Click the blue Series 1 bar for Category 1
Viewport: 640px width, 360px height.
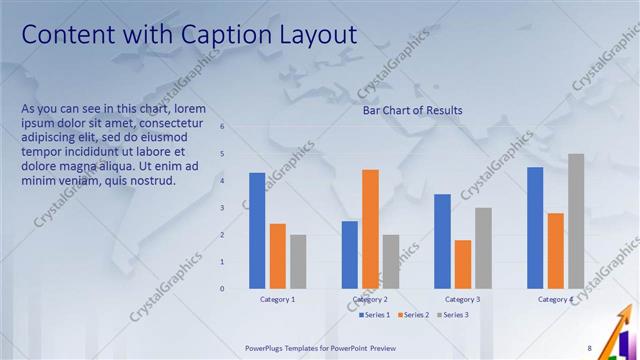coord(257,230)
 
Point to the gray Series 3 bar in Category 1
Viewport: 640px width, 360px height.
coord(298,261)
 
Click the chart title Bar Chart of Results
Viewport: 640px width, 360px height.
coord(412,111)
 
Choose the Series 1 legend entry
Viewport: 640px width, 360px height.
coord(375,315)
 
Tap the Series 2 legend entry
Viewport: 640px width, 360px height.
coord(415,315)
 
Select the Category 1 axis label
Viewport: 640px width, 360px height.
coord(277,299)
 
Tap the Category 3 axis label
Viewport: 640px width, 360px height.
coord(462,299)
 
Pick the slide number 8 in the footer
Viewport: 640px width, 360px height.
coord(589,348)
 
